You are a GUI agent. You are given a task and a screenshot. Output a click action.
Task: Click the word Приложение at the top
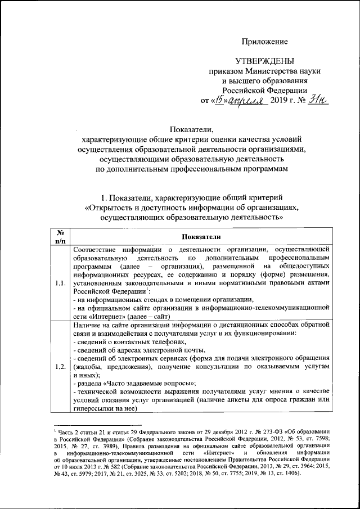264,42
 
